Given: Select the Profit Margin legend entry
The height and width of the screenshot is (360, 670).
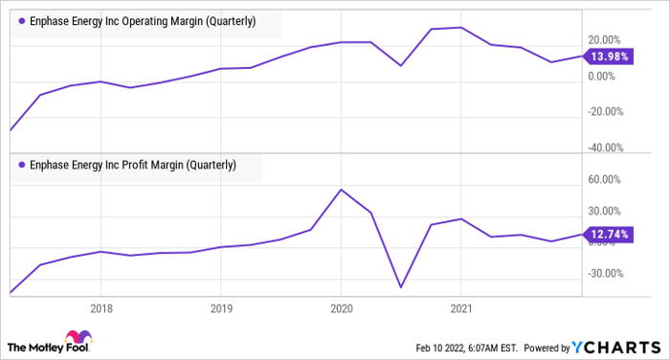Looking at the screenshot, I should (133, 165).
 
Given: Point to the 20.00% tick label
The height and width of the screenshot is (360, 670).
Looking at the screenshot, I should (606, 39).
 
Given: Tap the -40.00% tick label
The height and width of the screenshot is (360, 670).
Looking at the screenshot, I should (604, 146).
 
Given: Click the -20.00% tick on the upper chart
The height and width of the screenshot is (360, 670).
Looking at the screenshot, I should (604, 111).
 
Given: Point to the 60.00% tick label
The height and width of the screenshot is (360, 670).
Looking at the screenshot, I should (606, 179).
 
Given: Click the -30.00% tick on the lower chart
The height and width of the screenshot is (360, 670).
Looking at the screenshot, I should (604, 273).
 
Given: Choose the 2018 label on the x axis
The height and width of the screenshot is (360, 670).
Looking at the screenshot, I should (100, 308).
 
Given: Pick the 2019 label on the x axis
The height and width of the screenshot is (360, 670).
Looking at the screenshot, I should (220, 308).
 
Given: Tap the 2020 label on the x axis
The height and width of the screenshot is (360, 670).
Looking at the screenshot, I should (341, 308).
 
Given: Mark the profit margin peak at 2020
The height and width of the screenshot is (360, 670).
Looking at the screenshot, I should (342, 190).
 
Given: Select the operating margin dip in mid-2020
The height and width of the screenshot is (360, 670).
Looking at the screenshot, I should (400, 66).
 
